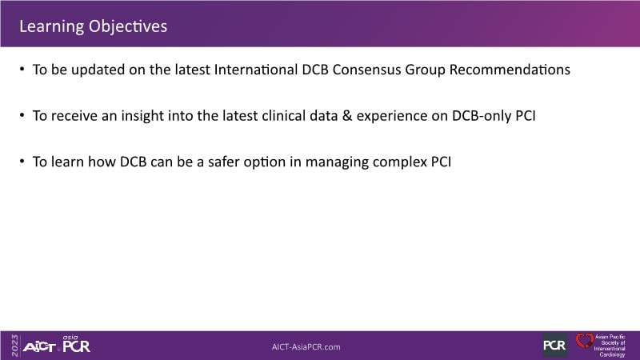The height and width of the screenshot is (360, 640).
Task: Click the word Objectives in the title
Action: [x=128, y=26]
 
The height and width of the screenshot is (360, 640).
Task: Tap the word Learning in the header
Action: [x=52, y=27]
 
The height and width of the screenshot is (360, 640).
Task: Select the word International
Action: [x=256, y=70]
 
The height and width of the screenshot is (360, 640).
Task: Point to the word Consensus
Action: [x=366, y=70]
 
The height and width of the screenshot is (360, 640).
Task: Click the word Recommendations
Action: [x=510, y=70]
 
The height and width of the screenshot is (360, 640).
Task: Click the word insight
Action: [x=142, y=116]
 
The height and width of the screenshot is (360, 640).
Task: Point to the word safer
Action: [x=223, y=162]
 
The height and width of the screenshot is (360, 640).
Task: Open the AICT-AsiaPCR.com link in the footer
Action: [x=306, y=347]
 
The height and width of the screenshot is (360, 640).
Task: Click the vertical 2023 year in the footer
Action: [x=15, y=346]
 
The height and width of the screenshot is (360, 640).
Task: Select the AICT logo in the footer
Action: [x=39, y=347]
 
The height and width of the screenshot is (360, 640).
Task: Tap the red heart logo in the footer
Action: [x=584, y=341]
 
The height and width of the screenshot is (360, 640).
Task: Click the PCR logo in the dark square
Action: [x=554, y=346]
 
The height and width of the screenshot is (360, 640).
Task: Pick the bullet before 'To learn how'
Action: [x=22, y=162]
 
